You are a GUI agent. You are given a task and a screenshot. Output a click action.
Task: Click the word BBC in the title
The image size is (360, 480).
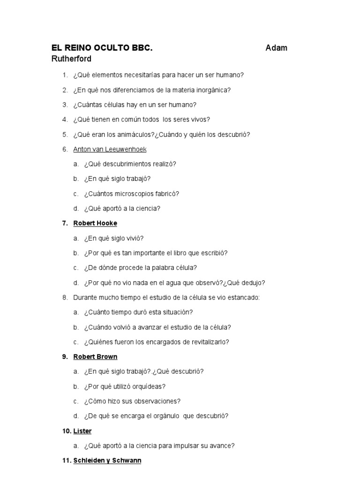[x=142, y=48]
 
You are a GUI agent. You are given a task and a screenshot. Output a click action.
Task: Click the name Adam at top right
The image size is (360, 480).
[x=277, y=48]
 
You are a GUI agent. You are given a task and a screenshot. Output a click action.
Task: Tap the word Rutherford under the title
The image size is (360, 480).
[x=71, y=59]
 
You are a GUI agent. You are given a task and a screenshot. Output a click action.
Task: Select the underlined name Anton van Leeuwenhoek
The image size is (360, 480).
[x=110, y=150]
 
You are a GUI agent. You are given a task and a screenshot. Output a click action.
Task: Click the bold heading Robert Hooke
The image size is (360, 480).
[x=95, y=223]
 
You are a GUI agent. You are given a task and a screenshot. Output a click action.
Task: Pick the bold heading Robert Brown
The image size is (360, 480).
[x=95, y=357]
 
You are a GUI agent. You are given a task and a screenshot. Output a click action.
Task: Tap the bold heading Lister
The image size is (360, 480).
[x=82, y=431]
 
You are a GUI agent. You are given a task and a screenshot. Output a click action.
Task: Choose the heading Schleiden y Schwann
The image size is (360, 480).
[x=107, y=461]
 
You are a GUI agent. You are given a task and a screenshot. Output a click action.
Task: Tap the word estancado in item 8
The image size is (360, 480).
[x=242, y=298]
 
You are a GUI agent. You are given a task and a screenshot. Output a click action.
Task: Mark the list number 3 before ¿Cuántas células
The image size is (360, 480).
[x=65, y=105]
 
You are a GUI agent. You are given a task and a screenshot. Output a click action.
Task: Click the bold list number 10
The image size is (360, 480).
[x=66, y=431]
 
